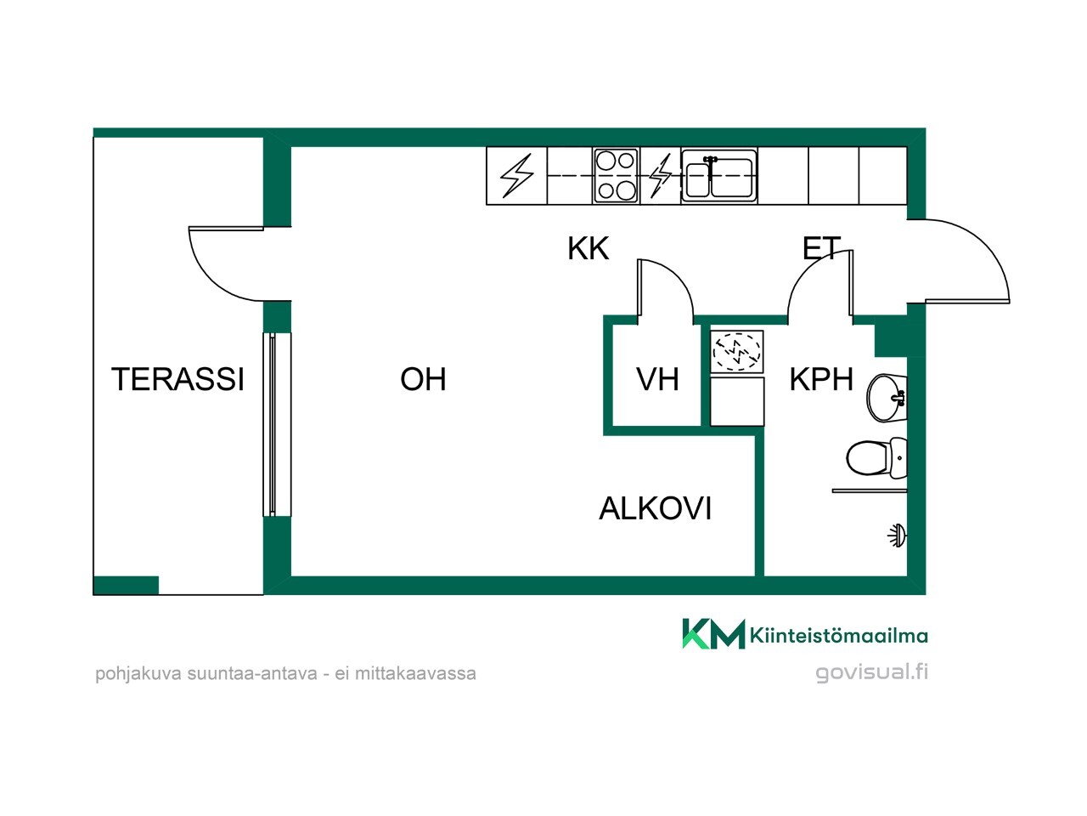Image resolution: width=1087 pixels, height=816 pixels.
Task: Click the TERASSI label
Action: tap(177, 379)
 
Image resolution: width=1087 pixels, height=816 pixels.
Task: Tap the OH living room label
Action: tap(423, 379)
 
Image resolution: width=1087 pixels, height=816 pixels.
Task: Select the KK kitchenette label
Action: tap(588, 248)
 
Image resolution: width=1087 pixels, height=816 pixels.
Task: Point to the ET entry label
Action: tap(821, 248)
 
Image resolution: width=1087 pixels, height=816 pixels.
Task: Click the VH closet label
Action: tap(657, 379)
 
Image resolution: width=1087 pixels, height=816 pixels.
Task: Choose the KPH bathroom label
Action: tap(820, 379)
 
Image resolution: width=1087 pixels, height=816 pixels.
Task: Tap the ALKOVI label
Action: tap(655, 508)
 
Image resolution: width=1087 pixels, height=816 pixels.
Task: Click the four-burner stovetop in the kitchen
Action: tap(615, 175)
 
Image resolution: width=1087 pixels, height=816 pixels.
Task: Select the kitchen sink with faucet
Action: tap(719, 175)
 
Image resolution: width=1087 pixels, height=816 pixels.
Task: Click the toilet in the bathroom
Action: tap(876, 458)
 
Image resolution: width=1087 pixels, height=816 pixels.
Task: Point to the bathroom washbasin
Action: tap(887, 397)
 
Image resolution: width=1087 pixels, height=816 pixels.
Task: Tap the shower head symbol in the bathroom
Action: tap(898, 535)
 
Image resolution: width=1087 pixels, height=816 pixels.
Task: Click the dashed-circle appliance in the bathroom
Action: tap(737, 351)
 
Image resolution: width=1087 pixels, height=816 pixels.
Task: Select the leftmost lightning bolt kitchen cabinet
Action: tap(516, 175)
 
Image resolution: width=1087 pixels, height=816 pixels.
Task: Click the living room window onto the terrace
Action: tap(277, 425)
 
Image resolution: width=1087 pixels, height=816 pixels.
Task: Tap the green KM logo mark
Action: tap(713, 634)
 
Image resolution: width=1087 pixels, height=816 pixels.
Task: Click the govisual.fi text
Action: tap(871, 673)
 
